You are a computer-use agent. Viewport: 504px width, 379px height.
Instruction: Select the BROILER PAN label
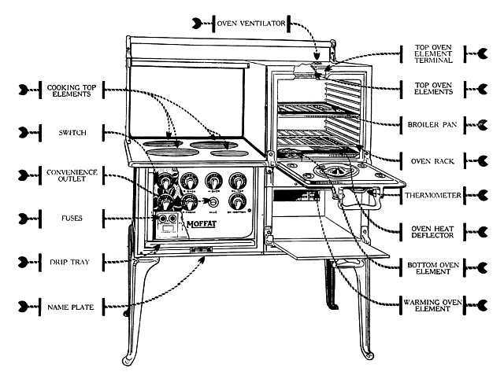pos(430,123)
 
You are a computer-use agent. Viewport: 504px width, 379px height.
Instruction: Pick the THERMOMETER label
pos(429,194)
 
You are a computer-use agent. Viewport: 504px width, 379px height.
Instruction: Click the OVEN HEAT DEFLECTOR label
pos(430,233)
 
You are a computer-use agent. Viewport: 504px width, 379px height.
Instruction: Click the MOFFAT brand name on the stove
pos(202,226)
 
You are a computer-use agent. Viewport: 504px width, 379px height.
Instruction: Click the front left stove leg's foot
pos(128,361)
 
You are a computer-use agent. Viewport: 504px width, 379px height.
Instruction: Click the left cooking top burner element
pos(166,144)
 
